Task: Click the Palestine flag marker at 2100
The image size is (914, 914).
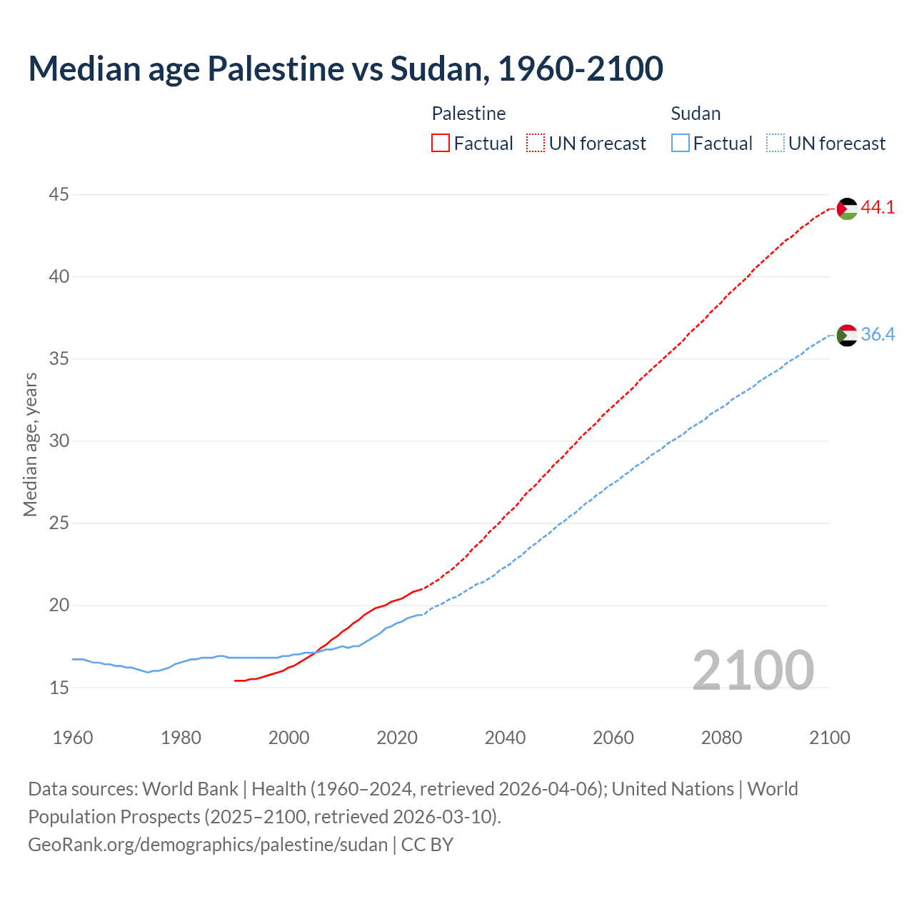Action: point(847,209)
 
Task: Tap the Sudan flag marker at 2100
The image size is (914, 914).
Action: point(847,335)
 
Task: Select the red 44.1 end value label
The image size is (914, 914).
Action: point(878,208)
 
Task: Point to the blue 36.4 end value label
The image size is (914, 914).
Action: point(878,334)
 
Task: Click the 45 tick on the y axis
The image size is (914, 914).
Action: point(59,194)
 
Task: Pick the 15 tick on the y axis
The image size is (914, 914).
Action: point(59,688)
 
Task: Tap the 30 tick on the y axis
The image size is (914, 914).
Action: point(59,441)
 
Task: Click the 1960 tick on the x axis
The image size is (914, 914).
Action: point(73,738)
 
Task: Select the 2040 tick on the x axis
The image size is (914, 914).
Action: point(505,738)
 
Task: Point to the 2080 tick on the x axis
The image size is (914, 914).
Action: point(721,738)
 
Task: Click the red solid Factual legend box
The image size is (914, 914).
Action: point(441,144)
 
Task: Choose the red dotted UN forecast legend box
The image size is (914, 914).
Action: point(536,144)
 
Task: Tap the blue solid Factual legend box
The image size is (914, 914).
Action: point(681,144)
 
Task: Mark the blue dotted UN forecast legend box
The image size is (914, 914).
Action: point(775,144)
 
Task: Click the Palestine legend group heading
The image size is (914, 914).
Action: point(468,114)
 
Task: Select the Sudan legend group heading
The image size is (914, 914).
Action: point(695,114)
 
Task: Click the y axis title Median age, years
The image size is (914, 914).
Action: point(30,443)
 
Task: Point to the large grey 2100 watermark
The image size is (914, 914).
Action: point(753,670)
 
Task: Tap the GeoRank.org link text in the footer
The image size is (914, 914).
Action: point(207,845)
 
